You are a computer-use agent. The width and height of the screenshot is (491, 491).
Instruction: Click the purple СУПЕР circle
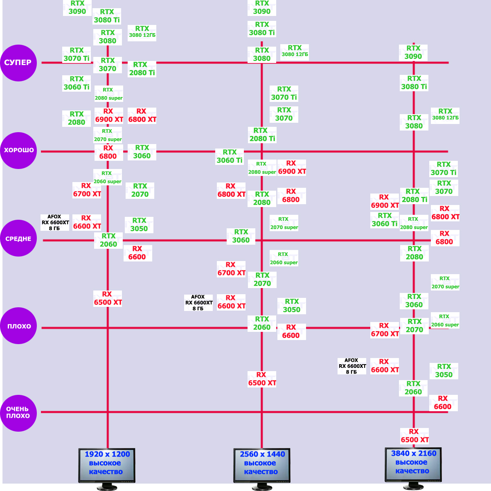pyautogui.click(x=18, y=63)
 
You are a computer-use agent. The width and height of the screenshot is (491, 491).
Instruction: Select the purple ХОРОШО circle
pyautogui.click(x=18, y=150)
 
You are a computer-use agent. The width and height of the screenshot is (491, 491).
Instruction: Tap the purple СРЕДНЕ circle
pyautogui.click(x=18, y=238)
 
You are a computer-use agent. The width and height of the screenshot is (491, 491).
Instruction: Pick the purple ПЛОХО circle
pyautogui.click(x=18, y=326)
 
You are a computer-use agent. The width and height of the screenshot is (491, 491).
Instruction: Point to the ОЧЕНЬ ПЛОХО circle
pyautogui.click(x=18, y=413)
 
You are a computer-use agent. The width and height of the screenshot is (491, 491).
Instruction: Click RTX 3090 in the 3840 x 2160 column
pyautogui.click(x=413, y=52)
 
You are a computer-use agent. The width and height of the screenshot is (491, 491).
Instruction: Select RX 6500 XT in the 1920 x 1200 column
pyautogui.click(x=108, y=298)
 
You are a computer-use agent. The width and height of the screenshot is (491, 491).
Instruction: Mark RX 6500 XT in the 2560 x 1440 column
pyautogui.click(x=262, y=379)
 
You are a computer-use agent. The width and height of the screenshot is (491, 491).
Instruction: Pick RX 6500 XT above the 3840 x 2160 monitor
pyautogui.click(x=414, y=436)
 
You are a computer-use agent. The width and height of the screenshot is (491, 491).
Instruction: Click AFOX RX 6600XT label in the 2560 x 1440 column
pyautogui.click(x=198, y=303)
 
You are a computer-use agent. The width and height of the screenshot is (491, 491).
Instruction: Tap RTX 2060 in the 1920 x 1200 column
pyautogui.click(x=108, y=240)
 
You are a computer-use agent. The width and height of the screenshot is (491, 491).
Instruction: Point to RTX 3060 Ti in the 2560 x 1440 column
pyautogui.click(x=230, y=156)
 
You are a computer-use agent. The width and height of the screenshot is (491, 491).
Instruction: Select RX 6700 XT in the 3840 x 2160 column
pyautogui.click(x=385, y=330)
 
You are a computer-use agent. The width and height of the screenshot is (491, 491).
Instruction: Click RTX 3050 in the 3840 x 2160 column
pyautogui.click(x=444, y=371)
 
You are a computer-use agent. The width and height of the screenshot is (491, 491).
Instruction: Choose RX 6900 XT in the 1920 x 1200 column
pyautogui.click(x=109, y=115)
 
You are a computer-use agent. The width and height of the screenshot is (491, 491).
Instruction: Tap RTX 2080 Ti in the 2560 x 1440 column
pyautogui.click(x=262, y=135)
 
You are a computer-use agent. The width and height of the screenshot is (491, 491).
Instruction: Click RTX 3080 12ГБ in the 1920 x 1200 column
pyautogui.click(x=142, y=32)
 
